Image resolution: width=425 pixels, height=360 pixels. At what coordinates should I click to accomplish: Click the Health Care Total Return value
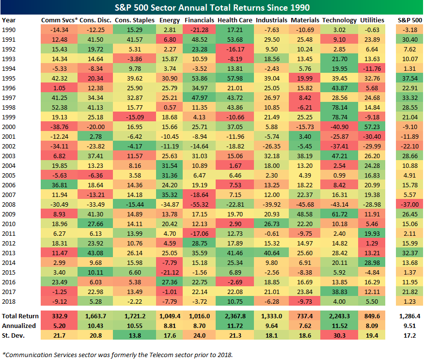235,316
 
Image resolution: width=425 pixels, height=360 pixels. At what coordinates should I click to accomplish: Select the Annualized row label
16,325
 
